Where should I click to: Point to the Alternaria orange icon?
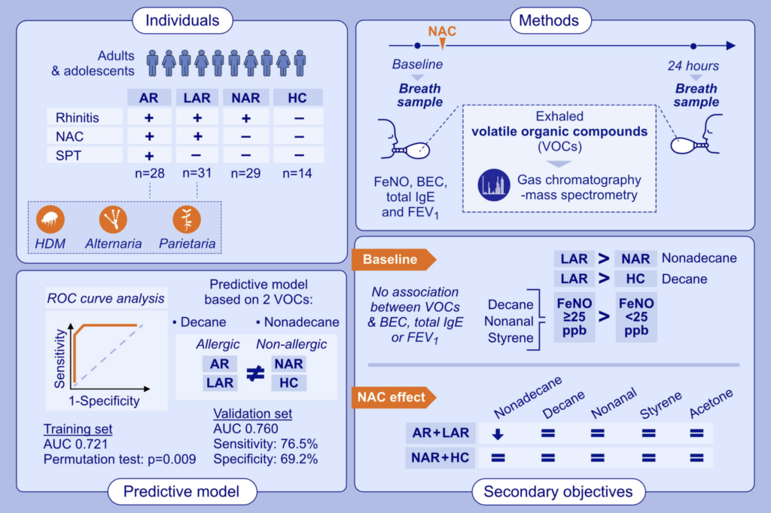[114, 219]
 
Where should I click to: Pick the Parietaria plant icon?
[186, 219]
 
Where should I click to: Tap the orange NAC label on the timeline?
[442, 32]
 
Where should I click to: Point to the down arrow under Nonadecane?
[497, 434]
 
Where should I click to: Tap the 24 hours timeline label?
[694, 65]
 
